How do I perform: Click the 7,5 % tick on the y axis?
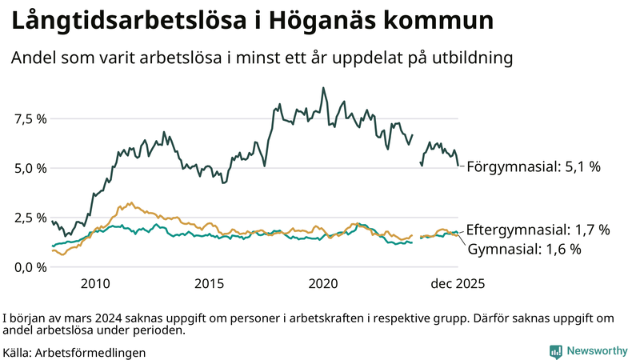coord(29,119)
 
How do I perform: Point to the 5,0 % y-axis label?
coord(29,168)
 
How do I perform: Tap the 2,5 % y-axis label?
coord(29,218)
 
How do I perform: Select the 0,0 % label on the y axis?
coord(29,266)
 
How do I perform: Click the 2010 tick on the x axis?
coord(94,283)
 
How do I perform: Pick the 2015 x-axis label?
coord(210,283)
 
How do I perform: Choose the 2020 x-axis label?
coord(324,283)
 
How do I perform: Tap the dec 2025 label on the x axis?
coord(458,283)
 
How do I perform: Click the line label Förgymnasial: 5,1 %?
coord(533,167)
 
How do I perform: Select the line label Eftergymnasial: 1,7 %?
coord(538,230)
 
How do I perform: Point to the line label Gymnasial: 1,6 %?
coord(524,249)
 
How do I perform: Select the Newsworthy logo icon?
coord(555,350)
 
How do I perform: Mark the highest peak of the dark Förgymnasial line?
coord(323,88)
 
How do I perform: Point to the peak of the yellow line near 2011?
coord(131,202)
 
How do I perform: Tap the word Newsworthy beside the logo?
coord(597,350)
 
